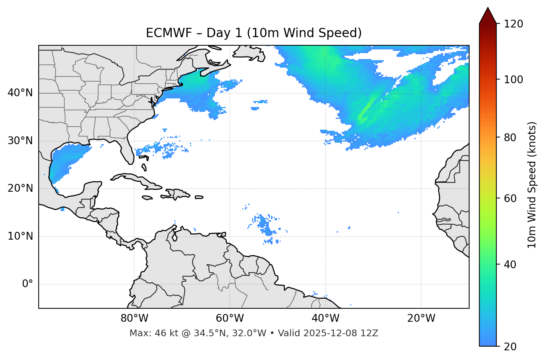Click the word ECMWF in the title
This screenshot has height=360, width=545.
point(161,33)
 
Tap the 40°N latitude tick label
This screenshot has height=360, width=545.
point(20,93)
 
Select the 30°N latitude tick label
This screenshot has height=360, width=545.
point(20,141)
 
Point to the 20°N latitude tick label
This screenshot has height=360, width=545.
point(20,188)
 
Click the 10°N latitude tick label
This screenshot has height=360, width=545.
point(20,236)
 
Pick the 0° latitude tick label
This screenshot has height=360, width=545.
point(27,284)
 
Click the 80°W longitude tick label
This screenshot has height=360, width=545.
point(134,318)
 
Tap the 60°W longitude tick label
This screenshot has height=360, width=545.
point(230,318)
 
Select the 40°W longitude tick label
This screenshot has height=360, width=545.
point(325,318)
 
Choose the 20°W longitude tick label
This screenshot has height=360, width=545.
point(421,318)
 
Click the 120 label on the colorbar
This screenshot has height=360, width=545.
point(513,24)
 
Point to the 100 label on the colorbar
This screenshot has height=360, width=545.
point(513,80)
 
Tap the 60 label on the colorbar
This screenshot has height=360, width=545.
point(510,198)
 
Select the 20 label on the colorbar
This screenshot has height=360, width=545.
point(510,346)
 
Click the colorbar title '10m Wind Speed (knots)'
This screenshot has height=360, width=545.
point(532,185)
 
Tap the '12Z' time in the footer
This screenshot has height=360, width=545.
point(369,333)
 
